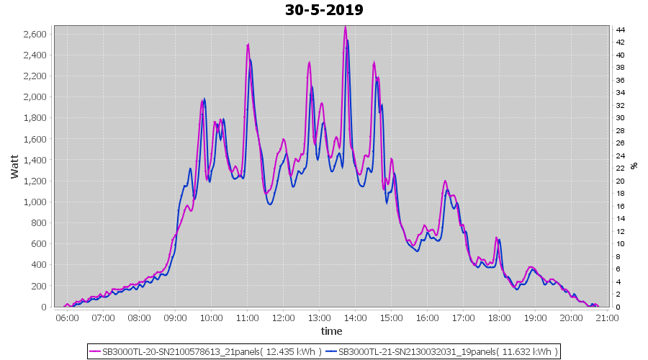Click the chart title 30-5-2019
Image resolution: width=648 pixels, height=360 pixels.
(x=324, y=10)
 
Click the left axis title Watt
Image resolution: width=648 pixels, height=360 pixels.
(x=15, y=167)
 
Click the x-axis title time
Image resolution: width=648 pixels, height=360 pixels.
(x=331, y=331)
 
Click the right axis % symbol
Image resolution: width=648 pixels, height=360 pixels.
(x=634, y=166)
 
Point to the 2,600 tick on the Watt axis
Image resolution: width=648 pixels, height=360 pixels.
(x=35, y=34)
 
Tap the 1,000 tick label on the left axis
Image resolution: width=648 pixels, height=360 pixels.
(x=35, y=202)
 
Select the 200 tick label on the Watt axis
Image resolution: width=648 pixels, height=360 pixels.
(x=39, y=286)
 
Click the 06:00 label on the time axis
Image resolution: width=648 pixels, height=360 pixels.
(x=67, y=318)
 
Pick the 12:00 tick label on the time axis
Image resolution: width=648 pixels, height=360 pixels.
(x=283, y=318)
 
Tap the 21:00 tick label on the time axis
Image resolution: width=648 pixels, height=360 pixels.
(x=607, y=318)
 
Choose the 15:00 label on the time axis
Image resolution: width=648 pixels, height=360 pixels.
(x=391, y=318)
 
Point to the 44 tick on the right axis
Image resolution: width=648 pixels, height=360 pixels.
(x=619, y=30)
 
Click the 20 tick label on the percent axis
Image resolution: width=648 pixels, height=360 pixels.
(x=619, y=181)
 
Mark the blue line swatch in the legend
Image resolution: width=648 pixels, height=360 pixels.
(x=330, y=351)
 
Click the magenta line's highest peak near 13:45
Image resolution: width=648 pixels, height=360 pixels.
(x=346, y=27)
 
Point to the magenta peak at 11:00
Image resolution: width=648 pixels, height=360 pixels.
(x=248, y=45)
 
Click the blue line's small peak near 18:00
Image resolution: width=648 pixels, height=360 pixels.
(x=500, y=240)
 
